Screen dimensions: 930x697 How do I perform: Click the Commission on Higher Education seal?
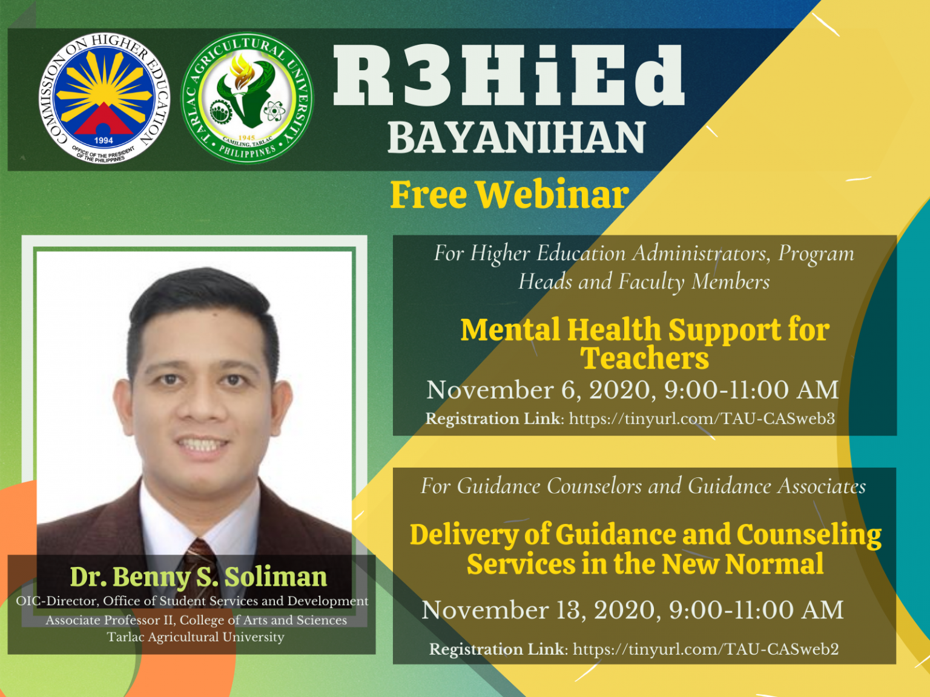click(x=104, y=98)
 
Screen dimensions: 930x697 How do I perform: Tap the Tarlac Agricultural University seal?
click(x=247, y=98)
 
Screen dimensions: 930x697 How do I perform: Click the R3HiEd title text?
click(x=509, y=75)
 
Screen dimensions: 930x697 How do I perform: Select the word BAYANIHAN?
click(x=516, y=137)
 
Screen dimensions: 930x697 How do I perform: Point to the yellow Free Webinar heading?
click(x=509, y=195)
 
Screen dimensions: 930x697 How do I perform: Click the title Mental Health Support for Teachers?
click(x=644, y=343)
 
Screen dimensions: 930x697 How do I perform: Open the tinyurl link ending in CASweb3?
click(x=702, y=419)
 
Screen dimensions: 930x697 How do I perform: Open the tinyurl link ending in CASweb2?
click(x=705, y=649)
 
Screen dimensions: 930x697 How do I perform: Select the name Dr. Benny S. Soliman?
click(x=198, y=577)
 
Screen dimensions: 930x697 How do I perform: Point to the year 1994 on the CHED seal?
click(x=104, y=140)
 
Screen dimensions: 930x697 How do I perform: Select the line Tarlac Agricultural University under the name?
click(x=196, y=637)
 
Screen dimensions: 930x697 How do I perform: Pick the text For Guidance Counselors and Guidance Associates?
click(x=643, y=486)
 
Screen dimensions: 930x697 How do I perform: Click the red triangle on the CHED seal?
click(x=104, y=119)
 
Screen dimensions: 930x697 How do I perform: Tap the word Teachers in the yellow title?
click(x=644, y=358)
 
